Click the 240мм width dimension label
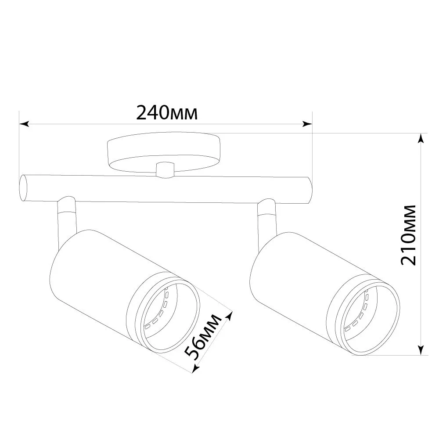click(x=167, y=113)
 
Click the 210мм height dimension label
click(x=408, y=235)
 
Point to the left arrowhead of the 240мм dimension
click(x=24, y=124)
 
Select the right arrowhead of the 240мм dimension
click(x=307, y=124)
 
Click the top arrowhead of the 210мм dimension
click(x=420, y=138)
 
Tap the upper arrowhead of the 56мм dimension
click(x=230, y=317)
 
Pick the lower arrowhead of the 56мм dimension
click(x=196, y=368)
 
